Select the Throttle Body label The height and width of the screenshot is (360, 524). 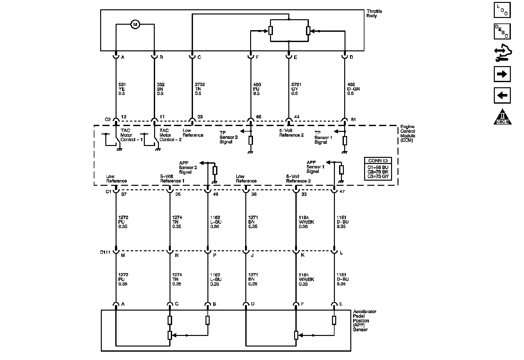374,13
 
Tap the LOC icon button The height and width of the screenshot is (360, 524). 502,10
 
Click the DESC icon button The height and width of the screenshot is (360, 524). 502,31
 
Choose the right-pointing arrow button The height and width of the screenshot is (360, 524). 502,74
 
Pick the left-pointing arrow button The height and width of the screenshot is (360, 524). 502,95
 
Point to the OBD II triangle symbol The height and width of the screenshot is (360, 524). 502,117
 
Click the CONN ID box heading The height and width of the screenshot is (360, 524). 378,160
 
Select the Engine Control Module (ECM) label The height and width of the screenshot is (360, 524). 407,133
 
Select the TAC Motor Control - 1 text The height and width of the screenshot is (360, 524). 131,135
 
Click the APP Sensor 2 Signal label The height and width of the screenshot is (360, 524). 188,167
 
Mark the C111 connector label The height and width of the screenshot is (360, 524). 105,252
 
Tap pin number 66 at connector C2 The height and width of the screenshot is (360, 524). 259,117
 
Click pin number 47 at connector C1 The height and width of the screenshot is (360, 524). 342,191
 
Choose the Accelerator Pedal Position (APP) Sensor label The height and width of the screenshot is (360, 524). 364,321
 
